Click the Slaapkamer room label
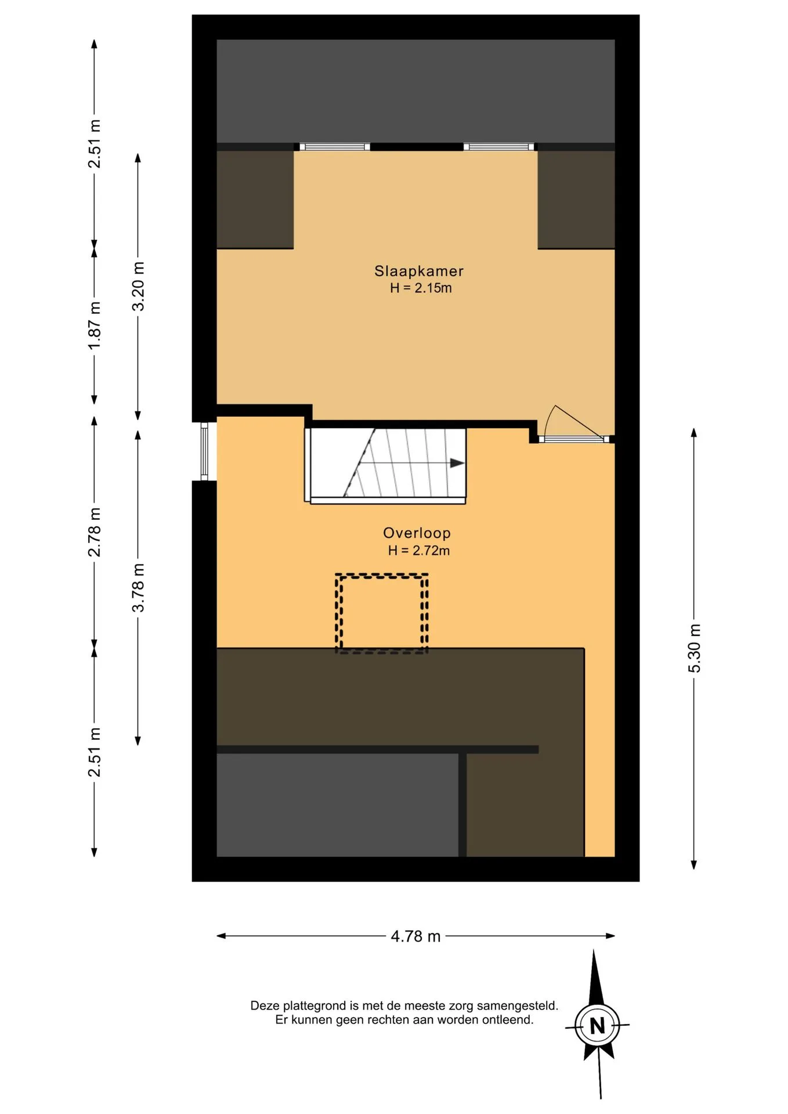click(x=418, y=271)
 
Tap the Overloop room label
click(x=417, y=533)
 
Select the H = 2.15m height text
click(x=421, y=288)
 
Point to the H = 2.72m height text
click(x=419, y=550)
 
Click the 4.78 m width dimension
click(x=415, y=936)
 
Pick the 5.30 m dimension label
click(x=694, y=648)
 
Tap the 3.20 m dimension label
click(x=138, y=287)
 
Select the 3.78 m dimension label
click(x=138, y=587)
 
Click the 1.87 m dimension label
click(x=94, y=325)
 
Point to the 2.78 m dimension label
click(x=94, y=532)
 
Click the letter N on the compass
click(x=597, y=1026)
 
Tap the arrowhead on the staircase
click(x=457, y=463)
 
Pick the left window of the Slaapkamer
click(x=334, y=147)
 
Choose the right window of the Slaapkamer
click(x=499, y=147)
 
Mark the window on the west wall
click(x=204, y=451)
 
